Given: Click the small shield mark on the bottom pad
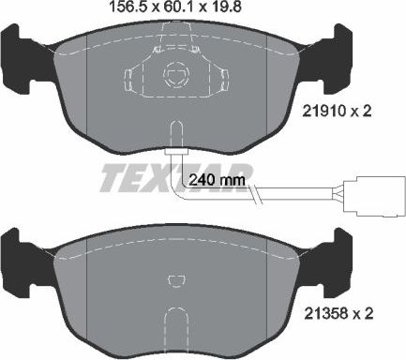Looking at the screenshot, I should coord(174,278).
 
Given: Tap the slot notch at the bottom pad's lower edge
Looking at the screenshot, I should coord(174,323).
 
